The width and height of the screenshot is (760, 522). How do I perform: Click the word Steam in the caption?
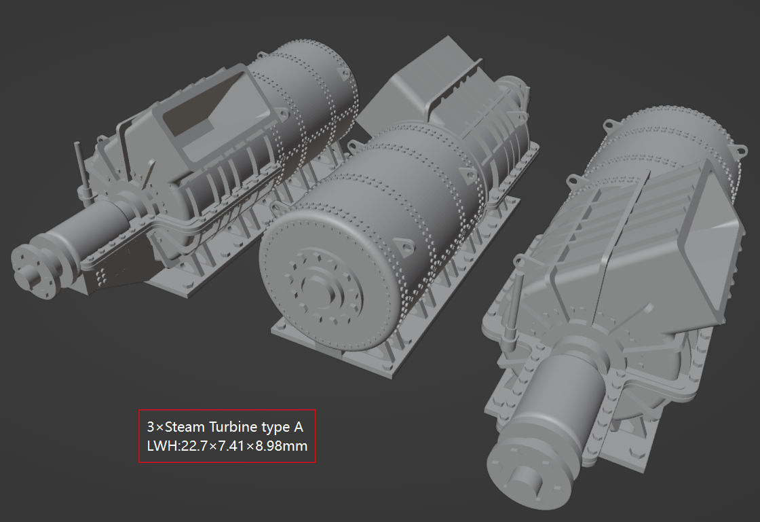coord(185,428)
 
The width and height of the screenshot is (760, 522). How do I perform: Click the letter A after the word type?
coord(298,428)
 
